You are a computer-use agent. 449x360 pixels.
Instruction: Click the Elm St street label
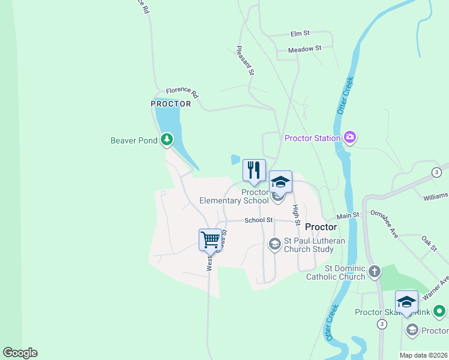[x=300, y=34]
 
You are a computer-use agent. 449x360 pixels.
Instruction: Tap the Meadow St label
[x=305, y=49]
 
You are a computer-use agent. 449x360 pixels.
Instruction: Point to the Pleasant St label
[x=246, y=61]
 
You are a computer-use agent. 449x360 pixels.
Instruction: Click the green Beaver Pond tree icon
[x=167, y=141]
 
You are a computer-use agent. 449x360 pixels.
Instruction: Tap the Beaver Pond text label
[x=134, y=141]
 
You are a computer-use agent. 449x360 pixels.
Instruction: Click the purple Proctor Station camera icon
[x=350, y=138]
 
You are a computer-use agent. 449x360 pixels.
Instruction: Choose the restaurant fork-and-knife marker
[x=254, y=170]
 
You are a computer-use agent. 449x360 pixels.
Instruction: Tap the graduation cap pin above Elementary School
[x=280, y=182]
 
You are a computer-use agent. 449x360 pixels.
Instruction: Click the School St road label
[x=259, y=220]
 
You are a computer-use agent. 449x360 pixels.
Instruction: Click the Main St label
[x=348, y=215]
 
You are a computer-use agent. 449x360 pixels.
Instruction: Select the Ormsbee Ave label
[x=384, y=224]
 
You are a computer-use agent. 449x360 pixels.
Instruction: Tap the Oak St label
[x=429, y=244]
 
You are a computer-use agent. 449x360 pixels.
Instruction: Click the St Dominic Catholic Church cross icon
[x=375, y=271]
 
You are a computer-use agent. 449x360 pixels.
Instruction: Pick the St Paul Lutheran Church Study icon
[x=274, y=244]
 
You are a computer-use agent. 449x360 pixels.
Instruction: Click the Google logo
[x=20, y=353]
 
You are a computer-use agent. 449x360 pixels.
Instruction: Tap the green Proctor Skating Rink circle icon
[x=440, y=311]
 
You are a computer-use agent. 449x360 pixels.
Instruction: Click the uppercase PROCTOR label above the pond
[x=171, y=104]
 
